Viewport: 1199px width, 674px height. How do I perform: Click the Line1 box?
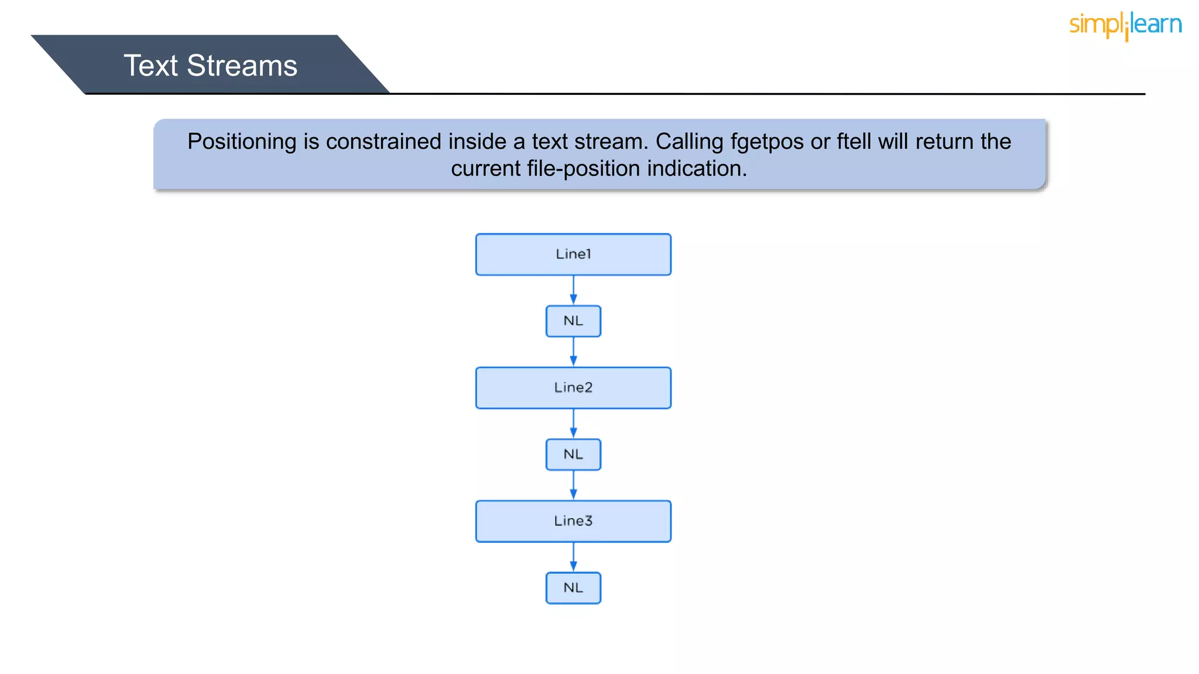coord(573,255)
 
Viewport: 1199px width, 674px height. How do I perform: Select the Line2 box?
coord(573,388)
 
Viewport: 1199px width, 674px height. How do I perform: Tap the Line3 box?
coord(573,521)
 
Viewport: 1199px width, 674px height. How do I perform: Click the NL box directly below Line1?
coord(573,321)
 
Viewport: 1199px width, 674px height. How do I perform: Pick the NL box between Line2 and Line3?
coord(573,455)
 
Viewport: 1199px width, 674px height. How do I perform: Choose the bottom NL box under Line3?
coord(573,588)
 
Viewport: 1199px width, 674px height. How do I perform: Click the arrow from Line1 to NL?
coord(573,290)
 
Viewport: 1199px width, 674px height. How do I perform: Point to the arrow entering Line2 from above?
coord(573,352)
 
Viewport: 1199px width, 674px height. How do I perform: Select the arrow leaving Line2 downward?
coord(573,424)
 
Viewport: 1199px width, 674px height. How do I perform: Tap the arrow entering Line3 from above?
coord(573,486)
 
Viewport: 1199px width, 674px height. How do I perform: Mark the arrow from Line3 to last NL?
coord(573,557)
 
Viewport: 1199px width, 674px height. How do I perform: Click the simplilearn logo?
coord(1125,25)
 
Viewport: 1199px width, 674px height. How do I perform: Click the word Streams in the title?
coord(242,66)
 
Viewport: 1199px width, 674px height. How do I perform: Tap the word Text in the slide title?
coord(150,66)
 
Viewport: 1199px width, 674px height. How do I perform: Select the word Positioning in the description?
coord(242,142)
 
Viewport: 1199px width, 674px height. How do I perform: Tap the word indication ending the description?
coord(697,169)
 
